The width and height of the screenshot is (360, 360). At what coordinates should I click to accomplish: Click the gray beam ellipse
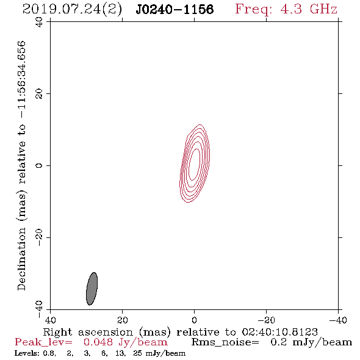click(92, 289)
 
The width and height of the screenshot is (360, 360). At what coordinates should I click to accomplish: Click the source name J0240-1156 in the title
click(175, 10)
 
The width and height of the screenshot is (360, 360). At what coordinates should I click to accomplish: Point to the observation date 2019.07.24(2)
click(73, 10)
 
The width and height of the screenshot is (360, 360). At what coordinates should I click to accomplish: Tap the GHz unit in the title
click(323, 9)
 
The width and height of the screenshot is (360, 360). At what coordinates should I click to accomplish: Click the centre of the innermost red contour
click(194, 164)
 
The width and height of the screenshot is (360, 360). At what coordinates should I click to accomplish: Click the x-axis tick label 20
click(122, 320)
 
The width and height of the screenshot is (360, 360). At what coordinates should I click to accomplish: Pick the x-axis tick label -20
click(266, 320)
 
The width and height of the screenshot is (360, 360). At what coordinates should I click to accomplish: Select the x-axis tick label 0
click(194, 320)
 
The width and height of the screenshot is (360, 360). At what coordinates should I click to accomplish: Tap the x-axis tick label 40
click(50, 320)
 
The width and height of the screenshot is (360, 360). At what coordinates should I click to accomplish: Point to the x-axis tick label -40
click(338, 320)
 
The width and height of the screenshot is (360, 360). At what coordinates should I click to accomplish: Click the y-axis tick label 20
click(39, 94)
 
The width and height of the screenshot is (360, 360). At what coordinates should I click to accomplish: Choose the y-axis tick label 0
click(39, 165)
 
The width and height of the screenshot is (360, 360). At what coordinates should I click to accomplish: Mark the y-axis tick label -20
click(39, 237)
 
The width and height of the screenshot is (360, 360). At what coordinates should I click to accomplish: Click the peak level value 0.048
click(98, 342)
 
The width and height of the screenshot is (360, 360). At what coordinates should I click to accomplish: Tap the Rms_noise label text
click(225, 342)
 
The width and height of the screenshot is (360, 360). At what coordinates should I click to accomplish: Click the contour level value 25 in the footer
click(137, 353)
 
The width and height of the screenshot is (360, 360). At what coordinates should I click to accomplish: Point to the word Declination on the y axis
click(21, 259)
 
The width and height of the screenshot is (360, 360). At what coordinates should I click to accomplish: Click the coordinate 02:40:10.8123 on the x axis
click(279, 332)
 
